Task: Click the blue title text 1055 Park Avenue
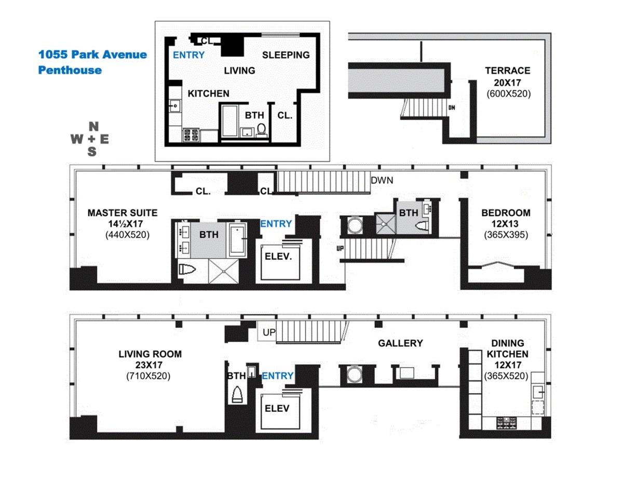click(92, 55)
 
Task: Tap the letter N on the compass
click(93, 126)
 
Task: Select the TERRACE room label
click(507, 71)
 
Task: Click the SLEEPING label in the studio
click(286, 55)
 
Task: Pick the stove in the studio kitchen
click(191, 135)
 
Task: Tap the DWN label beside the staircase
click(382, 181)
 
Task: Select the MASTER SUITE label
click(122, 213)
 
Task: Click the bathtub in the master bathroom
click(238, 239)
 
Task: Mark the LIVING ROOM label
click(150, 354)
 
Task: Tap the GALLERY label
click(400, 343)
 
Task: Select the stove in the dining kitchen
click(507, 422)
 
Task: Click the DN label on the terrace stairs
click(452, 108)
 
